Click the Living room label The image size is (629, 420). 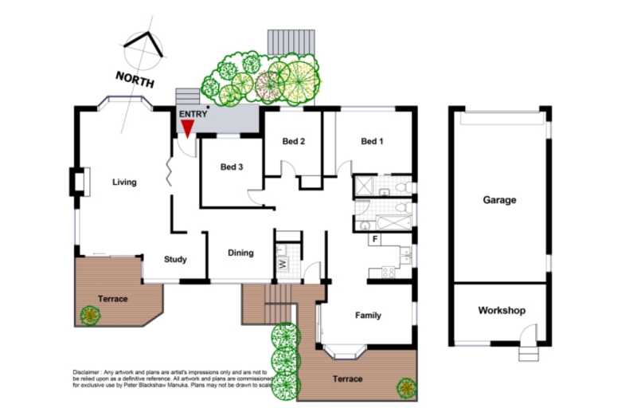(124, 183)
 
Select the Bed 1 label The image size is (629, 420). (372, 142)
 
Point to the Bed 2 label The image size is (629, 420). (294, 142)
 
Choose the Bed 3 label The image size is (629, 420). (232, 167)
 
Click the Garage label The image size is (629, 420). (499, 201)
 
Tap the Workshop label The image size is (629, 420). (501, 311)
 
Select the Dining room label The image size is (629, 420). (240, 253)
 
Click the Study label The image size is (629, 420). (175, 260)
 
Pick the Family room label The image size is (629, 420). (368, 316)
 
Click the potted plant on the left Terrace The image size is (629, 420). (90, 315)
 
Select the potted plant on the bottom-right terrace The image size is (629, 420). (406, 388)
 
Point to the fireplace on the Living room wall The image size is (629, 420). (76, 182)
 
